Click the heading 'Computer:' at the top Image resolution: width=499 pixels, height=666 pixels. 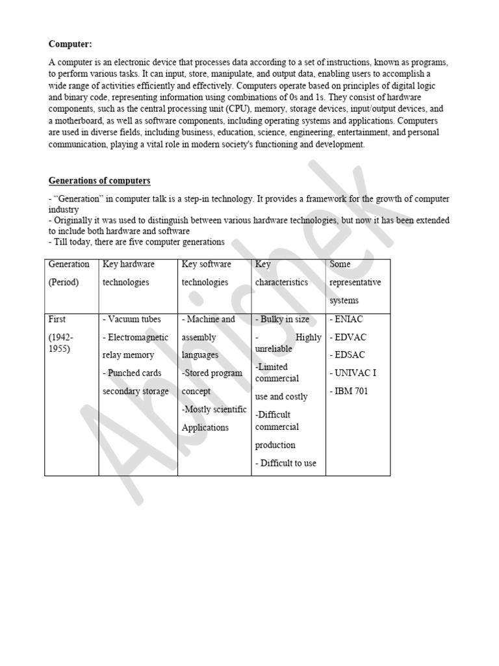click(x=70, y=44)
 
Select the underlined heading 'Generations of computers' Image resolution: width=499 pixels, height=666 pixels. click(x=99, y=180)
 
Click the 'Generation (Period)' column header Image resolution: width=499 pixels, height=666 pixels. click(x=69, y=273)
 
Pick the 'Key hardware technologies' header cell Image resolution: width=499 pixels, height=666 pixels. click(x=129, y=273)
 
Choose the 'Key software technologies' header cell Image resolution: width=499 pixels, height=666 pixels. click(x=206, y=273)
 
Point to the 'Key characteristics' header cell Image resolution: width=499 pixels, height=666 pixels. click(x=281, y=273)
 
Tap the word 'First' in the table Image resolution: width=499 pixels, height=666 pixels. click(x=57, y=319)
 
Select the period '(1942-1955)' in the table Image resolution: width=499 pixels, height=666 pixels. click(x=61, y=342)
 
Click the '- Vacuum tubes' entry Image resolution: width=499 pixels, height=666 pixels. click(x=132, y=319)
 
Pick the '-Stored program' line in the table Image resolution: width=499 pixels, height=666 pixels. click(x=212, y=373)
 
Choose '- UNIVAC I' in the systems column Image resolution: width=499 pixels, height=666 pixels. click(x=353, y=373)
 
